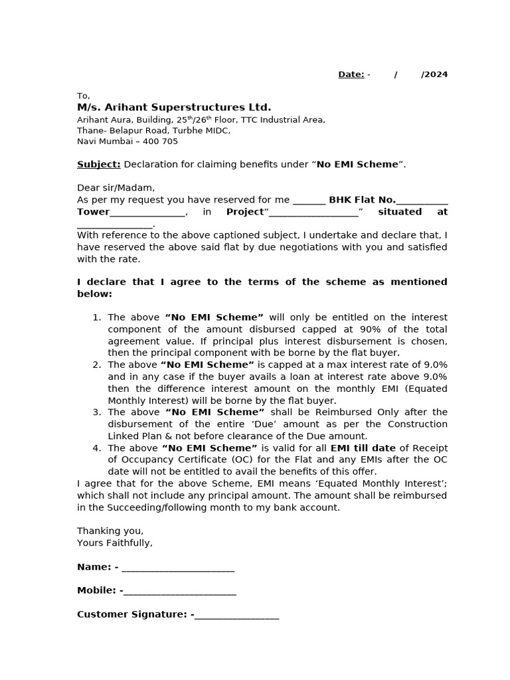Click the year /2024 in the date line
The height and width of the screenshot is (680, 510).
click(x=434, y=74)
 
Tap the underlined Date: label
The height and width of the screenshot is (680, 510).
click(x=351, y=74)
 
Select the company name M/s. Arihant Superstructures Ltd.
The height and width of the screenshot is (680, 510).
click(x=174, y=108)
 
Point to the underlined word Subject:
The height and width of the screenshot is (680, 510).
click(x=98, y=164)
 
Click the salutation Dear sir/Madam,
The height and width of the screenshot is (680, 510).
click(x=116, y=188)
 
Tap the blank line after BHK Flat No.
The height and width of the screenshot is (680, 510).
click(x=422, y=201)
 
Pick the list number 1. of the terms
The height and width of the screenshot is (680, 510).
click(x=97, y=317)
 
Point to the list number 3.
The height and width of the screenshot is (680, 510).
click(x=97, y=412)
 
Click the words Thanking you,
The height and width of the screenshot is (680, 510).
click(x=110, y=531)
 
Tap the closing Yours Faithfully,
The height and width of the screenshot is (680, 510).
click(x=115, y=543)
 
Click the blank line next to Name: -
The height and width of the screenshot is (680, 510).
click(x=178, y=568)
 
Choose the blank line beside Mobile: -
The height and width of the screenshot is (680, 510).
click(x=180, y=592)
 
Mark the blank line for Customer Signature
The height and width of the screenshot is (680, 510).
click(x=237, y=616)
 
